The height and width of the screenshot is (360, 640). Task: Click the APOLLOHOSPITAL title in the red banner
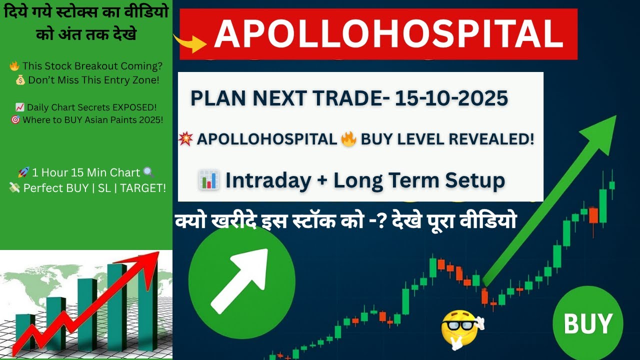(x=388, y=34)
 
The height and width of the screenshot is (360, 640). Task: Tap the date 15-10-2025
(x=451, y=98)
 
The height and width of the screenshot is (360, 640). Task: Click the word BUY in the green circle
(x=588, y=323)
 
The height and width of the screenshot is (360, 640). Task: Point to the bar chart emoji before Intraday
(x=208, y=180)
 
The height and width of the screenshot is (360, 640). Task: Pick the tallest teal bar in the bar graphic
(x=117, y=306)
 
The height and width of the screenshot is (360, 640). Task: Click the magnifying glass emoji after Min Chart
(x=148, y=172)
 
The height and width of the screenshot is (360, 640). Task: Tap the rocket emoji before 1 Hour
(x=23, y=172)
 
